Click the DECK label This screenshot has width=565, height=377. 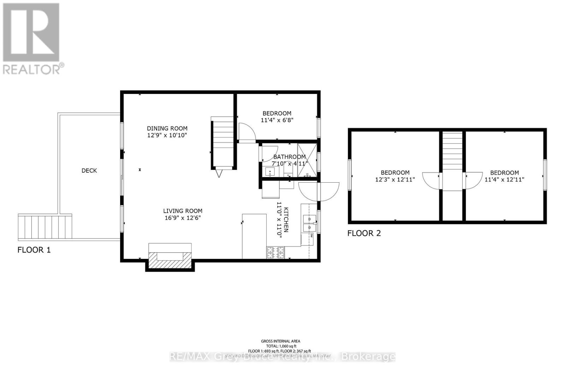(89, 171)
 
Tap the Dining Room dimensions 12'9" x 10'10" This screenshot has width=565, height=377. (167, 135)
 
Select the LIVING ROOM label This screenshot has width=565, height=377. (183, 211)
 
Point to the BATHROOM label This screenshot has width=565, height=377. (289, 157)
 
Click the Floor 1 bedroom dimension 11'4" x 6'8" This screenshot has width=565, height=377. (277, 120)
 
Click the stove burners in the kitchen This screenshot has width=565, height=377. (275, 252)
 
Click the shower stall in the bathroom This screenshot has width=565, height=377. (307, 160)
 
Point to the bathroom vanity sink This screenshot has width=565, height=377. (270, 172)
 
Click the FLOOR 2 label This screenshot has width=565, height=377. (364, 233)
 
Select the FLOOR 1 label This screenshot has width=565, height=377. (34, 250)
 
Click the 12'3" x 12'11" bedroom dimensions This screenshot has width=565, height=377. (395, 179)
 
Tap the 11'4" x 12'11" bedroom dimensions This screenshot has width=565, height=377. (504, 179)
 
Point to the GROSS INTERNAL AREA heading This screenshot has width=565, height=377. (280, 341)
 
